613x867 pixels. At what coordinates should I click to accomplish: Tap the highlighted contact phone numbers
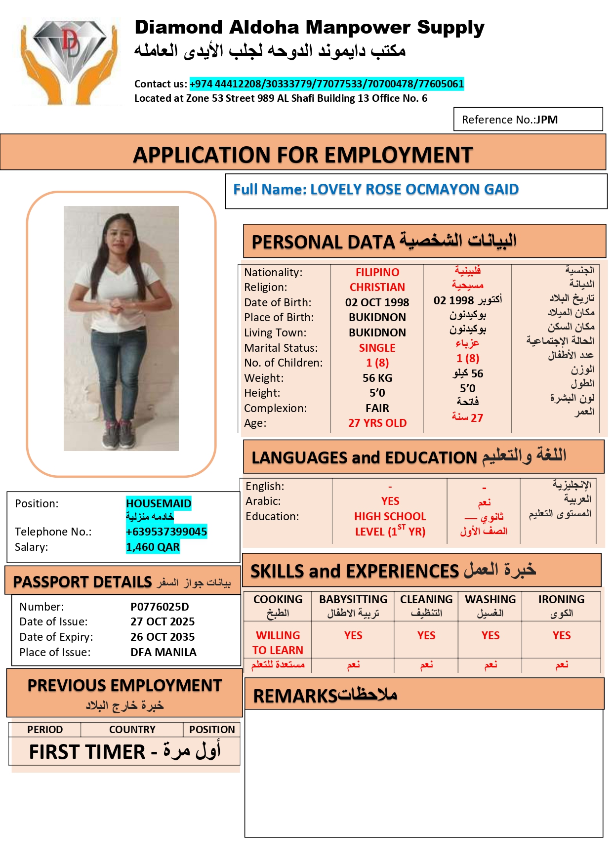(327, 84)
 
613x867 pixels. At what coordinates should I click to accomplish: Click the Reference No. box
(528, 120)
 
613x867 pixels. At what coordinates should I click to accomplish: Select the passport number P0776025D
(160, 607)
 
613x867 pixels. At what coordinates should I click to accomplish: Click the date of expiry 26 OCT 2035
(163, 637)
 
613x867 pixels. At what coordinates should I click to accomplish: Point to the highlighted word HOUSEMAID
(159, 503)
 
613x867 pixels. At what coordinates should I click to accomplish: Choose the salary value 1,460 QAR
(153, 547)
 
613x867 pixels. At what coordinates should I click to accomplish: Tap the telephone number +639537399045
(166, 532)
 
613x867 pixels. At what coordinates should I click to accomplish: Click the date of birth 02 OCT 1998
(377, 302)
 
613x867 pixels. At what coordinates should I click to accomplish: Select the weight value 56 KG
(377, 378)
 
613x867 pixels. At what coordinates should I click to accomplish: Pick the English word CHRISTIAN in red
(377, 287)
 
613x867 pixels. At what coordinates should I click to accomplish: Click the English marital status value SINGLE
(377, 348)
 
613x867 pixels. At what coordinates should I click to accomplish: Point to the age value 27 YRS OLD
(377, 423)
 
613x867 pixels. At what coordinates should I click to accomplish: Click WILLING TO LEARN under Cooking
(278, 643)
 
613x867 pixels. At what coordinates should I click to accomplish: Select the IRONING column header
(561, 599)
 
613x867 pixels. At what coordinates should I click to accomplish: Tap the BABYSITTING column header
(353, 599)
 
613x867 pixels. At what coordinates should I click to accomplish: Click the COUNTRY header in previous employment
(132, 730)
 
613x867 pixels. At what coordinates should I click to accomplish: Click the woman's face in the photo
(121, 232)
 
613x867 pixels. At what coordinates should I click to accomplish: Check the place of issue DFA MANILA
(163, 652)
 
